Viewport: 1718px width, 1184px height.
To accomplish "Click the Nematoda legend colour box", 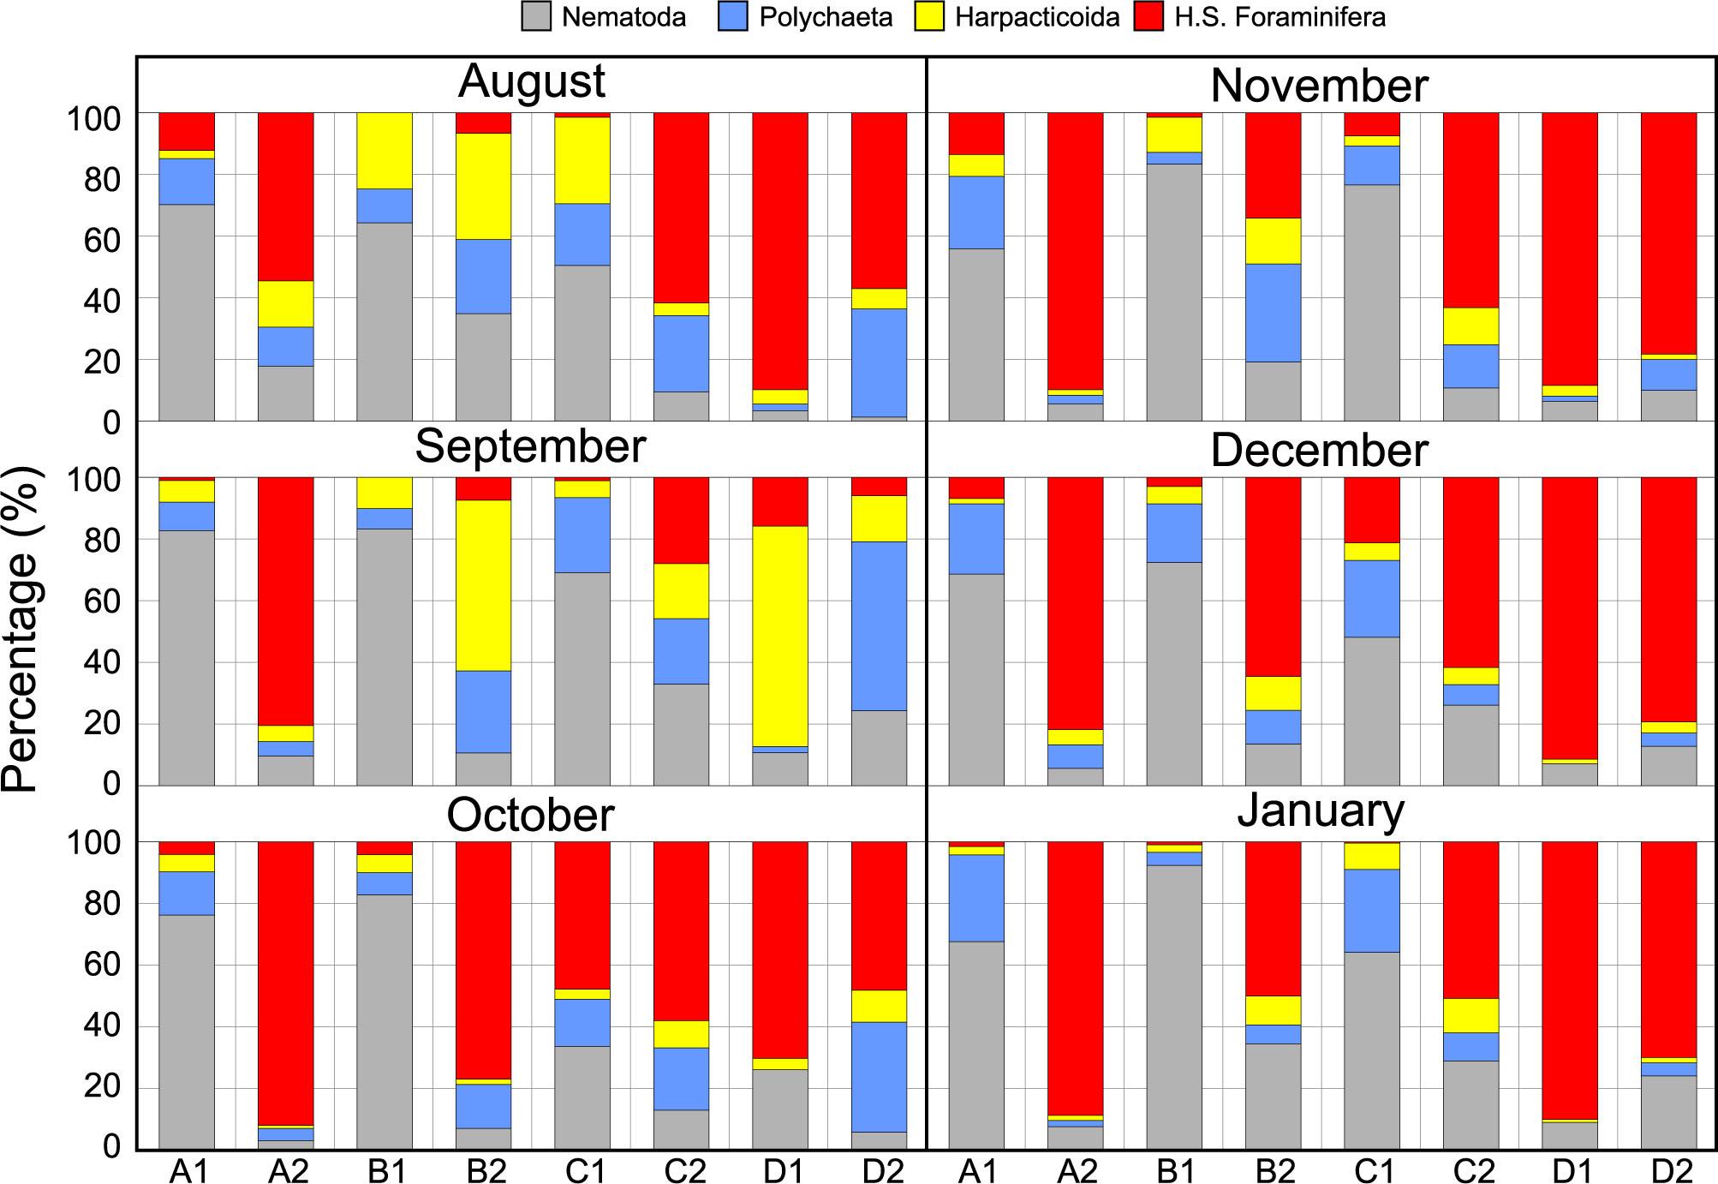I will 536,18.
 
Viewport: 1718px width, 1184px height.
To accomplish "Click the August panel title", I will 532,82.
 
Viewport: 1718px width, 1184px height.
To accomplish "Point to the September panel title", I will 530,447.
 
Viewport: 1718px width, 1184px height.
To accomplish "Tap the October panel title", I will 530,815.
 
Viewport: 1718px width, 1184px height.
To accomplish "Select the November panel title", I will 1320,87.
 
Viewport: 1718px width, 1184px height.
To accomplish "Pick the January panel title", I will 1321,810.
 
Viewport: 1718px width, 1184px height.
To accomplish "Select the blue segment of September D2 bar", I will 879,625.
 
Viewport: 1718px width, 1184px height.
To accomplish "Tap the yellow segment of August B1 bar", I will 385,151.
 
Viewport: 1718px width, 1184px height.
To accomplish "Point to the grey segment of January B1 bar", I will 1174,1006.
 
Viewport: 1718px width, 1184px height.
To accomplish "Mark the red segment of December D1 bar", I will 1570,618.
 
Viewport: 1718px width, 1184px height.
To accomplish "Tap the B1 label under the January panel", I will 1174,1170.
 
